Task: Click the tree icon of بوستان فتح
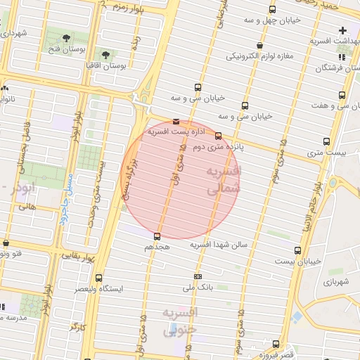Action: pyautogui.click(x=66, y=38)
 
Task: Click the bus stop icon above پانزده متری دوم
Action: pyautogui.click(x=219, y=136)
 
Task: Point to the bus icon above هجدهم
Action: pyautogui.click(x=156, y=236)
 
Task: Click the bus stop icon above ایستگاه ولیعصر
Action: pyautogui.click(x=98, y=278)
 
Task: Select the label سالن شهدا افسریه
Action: pyautogui.click(x=200, y=244)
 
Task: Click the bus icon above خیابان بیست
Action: pyautogui.click(x=298, y=250)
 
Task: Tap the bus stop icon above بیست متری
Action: pyautogui.click(x=326, y=141)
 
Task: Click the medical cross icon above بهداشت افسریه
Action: pyautogui.click(x=342, y=30)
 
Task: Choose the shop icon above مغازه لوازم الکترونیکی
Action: pyautogui.click(x=260, y=45)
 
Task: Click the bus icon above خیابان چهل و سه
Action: pyautogui.click(x=272, y=9)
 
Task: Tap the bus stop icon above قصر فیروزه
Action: pyautogui.click(x=276, y=344)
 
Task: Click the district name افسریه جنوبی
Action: pyautogui.click(x=179, y=320)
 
